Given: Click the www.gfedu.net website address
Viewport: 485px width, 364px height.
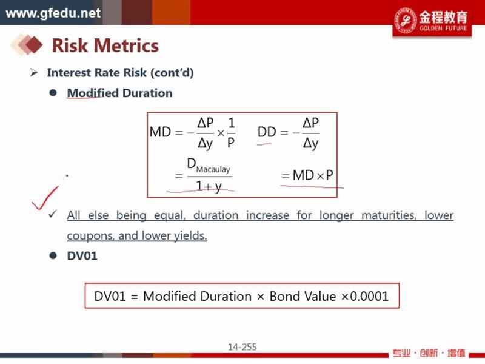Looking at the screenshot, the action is pos(53,13).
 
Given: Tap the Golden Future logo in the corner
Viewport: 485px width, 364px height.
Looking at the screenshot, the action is pos(432,21).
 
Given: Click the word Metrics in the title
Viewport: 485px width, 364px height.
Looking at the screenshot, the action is pos(126,45).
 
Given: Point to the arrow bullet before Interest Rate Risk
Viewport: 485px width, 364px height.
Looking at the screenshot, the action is pos(34,73).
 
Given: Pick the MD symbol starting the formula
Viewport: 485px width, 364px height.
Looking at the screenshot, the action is pos(160,132).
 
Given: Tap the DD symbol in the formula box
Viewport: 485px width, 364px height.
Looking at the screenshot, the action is pos(267,132).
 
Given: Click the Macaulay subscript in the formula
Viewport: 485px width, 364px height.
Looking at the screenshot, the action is pos(213,169).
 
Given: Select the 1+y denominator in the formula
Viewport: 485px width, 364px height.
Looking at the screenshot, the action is pos(209,186).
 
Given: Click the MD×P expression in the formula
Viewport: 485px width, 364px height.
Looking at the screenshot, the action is pos(313,175).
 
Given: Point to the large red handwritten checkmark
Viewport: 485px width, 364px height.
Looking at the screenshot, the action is pos(45,198).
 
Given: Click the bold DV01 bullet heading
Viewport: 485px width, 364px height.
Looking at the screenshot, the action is pos(82,256).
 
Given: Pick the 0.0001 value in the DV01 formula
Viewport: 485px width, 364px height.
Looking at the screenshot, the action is pos(369,296).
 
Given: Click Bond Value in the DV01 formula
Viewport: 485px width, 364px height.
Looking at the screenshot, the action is pos(303,296).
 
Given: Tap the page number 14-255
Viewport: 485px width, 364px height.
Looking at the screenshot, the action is pos(242,347).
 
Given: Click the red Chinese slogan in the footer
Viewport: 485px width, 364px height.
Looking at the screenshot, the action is pos(429,353).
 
